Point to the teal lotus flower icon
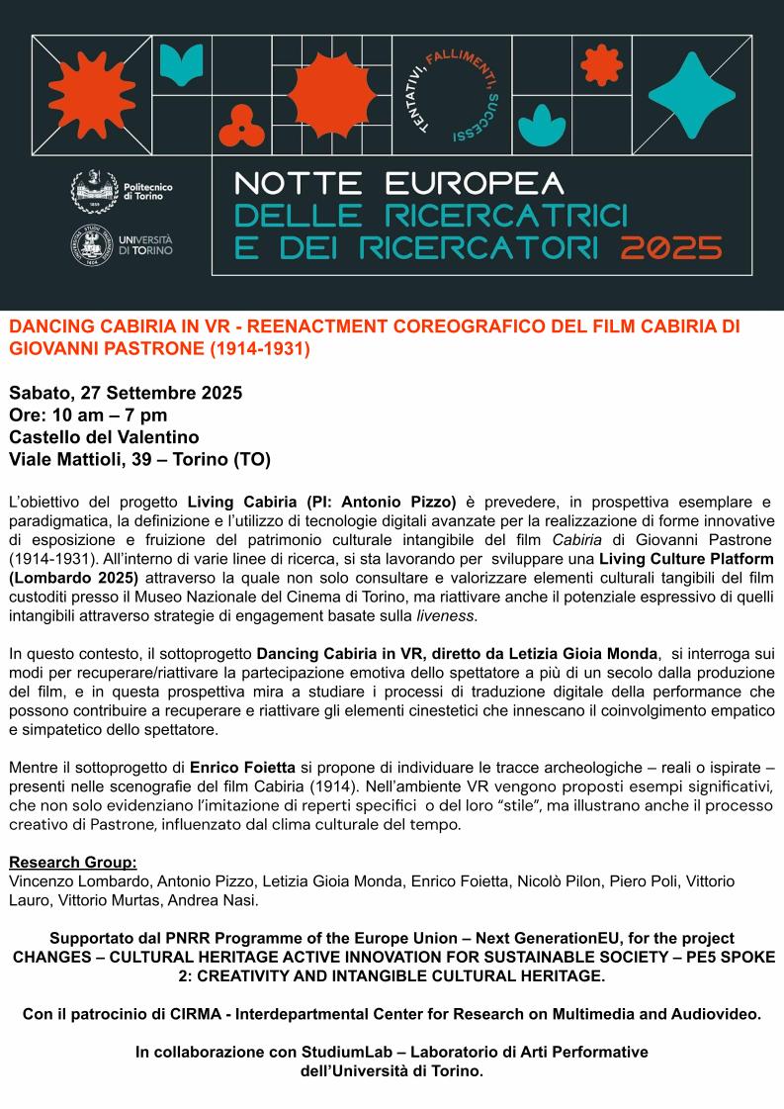[539, 126]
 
